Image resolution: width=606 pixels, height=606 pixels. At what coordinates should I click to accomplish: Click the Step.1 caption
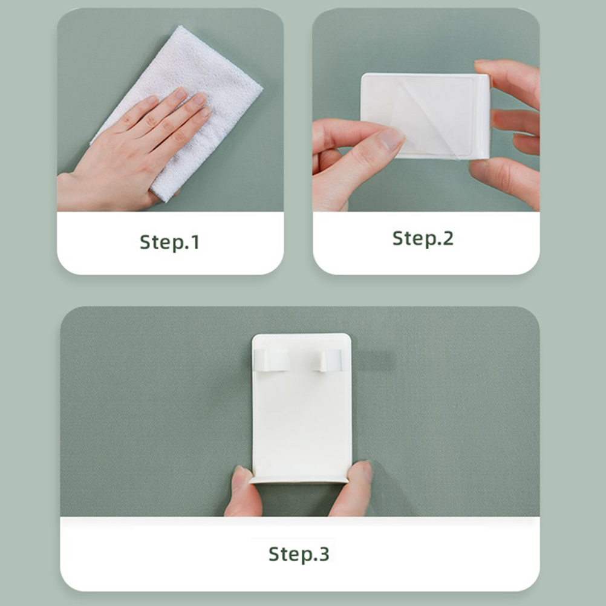(170, 243)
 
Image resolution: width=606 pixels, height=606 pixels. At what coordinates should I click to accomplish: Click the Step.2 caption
(423, 238)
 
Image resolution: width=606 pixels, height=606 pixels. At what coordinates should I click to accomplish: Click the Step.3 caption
(299, 554)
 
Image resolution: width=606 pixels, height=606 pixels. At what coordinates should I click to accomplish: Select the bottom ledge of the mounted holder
(299, 480)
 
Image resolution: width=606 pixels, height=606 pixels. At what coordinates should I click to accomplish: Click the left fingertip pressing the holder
(241, 479)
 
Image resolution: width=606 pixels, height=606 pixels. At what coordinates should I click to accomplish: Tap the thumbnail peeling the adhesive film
(390, 138)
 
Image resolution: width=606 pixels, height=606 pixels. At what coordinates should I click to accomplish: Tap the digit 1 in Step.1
(195, 243)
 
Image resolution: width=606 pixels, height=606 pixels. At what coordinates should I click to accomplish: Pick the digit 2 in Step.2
(448, 238)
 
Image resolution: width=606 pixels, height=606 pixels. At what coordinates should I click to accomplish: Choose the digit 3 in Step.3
(324, 554)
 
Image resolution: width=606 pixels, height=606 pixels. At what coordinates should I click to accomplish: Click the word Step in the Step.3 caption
(289, 555)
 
